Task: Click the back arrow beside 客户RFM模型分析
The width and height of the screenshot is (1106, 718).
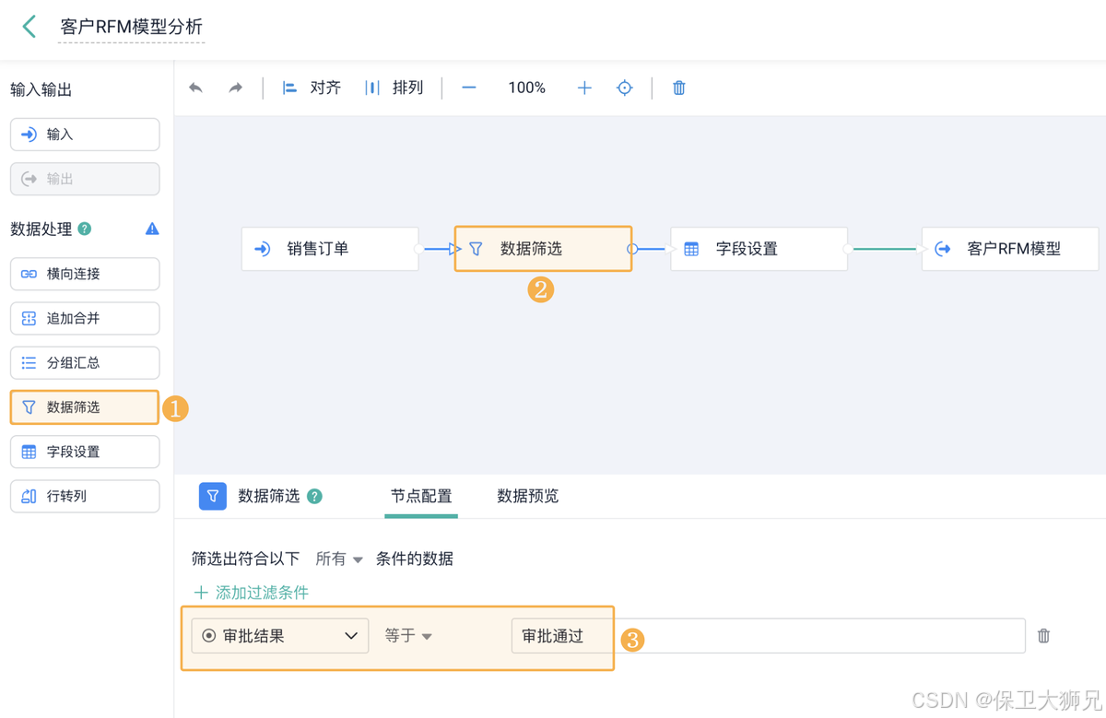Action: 29,27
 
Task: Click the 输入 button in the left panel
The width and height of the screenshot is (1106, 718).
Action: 84,135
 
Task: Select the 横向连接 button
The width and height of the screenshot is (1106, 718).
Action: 84,274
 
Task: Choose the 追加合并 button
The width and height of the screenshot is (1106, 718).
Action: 84,318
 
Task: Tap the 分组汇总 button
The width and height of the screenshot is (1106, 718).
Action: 84,362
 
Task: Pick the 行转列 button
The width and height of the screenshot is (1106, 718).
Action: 84,496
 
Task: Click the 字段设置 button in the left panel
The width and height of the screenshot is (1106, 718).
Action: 84,452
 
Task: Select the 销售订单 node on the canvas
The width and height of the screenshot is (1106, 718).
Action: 329,249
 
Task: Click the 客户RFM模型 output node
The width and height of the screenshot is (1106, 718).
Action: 1010,249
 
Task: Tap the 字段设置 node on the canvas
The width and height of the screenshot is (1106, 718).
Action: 758,249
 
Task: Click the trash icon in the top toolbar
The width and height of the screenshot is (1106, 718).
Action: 679,88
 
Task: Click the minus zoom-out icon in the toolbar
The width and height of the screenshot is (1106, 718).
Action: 469,88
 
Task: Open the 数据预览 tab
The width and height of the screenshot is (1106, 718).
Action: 527,496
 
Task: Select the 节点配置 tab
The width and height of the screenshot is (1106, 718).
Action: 421,496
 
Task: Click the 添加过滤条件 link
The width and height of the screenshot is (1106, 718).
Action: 251,593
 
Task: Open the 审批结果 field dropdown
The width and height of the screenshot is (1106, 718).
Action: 280,636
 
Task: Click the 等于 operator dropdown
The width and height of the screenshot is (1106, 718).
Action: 408,636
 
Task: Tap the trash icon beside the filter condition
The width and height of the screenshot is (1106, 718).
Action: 1043,636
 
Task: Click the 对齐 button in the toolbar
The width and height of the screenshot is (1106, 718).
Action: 312,88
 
